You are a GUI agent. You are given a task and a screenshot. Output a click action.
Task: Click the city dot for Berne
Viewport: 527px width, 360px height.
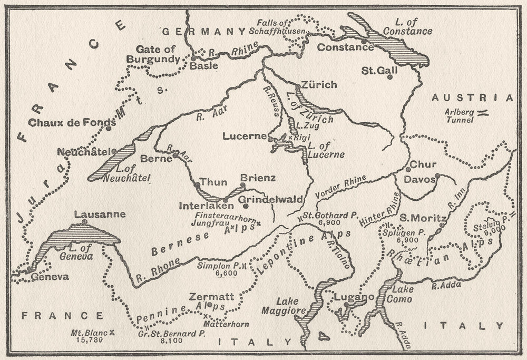tap(175, 155)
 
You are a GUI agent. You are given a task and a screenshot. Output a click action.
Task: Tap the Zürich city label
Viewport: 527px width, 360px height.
tap(318, 85)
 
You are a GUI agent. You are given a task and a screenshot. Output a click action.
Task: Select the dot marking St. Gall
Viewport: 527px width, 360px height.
tap(390, 77)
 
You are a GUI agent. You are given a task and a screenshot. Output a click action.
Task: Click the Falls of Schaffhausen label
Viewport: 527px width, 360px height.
tap(280, 27)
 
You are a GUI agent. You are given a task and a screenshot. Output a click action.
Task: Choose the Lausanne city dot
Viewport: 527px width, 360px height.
tap(85, 222)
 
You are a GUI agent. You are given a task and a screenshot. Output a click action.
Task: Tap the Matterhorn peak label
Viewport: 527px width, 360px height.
tap(227, 324)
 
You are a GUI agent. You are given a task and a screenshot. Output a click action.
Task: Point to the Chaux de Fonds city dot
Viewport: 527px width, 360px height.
tap(109, 128)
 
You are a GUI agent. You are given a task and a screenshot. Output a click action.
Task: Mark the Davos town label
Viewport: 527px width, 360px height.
tap(419, 180)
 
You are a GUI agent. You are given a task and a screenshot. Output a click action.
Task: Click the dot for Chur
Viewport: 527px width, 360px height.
tap(408, 169)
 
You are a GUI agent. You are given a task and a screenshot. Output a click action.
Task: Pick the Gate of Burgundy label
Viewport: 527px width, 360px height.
tap(155, 54)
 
